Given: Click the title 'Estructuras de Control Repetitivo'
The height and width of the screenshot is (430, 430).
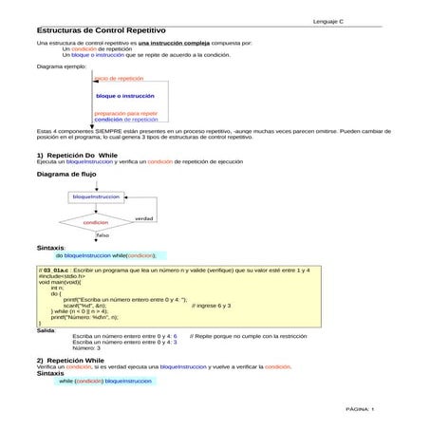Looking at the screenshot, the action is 90,32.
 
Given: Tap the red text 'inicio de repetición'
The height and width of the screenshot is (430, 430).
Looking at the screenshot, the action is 120,79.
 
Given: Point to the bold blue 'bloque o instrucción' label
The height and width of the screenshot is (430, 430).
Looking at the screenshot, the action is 125,96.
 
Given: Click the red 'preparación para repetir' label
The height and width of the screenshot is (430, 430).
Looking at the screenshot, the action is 126,113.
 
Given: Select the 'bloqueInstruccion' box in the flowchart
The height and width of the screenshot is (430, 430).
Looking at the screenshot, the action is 96,196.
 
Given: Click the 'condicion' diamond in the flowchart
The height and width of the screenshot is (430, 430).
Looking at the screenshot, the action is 96,222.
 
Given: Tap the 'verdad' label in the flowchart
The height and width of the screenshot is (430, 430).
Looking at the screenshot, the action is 143,218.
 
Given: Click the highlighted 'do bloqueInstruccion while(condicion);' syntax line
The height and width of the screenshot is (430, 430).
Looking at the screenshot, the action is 106,255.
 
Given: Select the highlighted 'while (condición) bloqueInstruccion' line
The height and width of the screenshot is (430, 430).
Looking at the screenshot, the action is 104,381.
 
